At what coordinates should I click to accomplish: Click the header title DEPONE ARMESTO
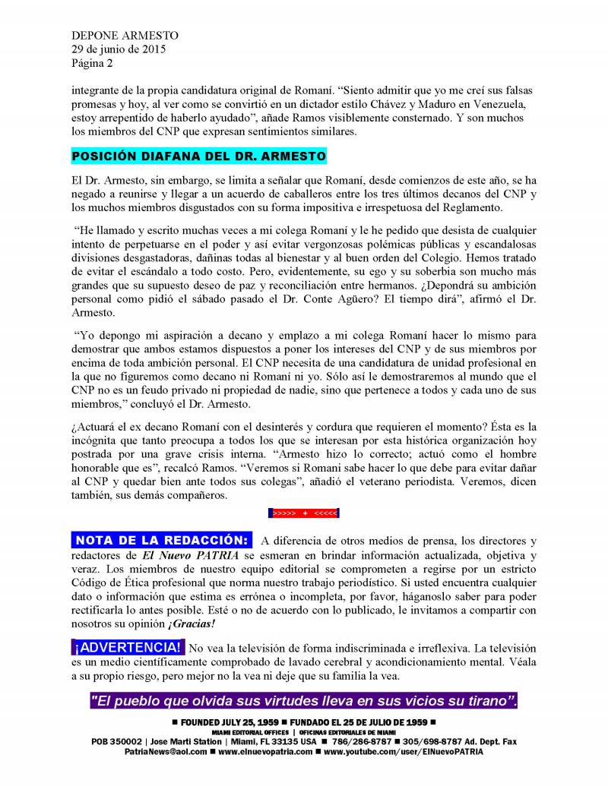click(114, 36)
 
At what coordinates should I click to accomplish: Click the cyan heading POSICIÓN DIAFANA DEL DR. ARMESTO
click(198, 156)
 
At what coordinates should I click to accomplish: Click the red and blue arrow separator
click(304, 513)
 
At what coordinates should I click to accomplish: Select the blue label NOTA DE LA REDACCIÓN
click(161, 541)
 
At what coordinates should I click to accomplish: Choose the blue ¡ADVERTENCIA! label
click(128, 648)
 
